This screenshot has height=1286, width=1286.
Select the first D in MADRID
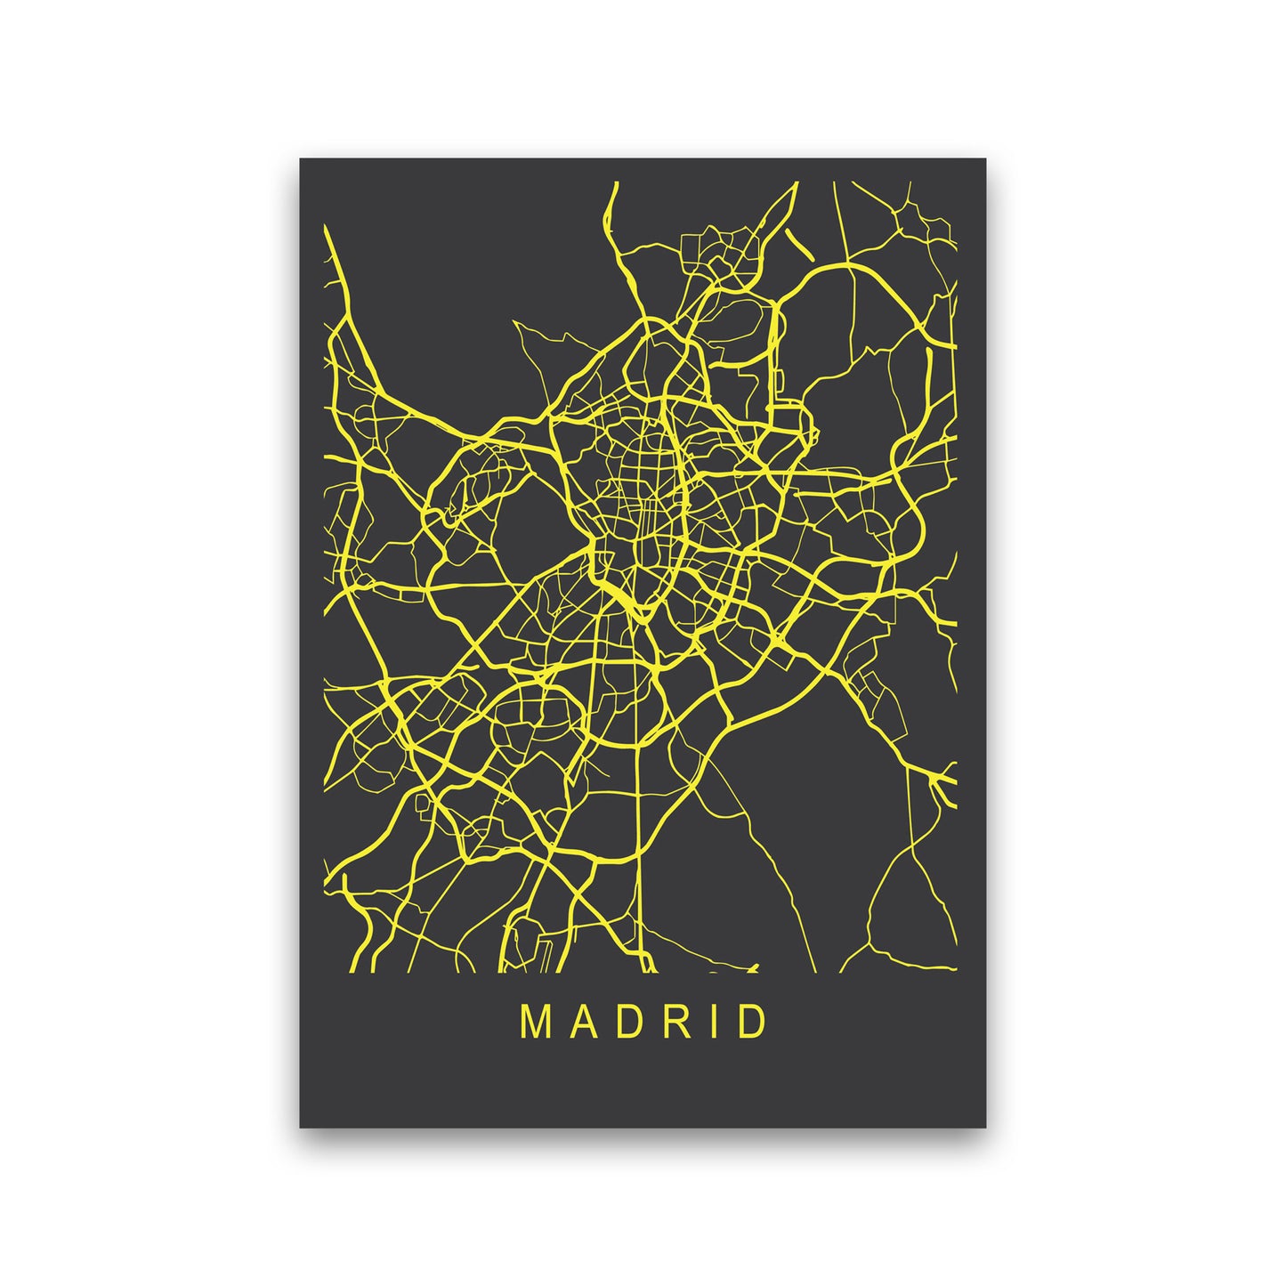(x=624, y=1023)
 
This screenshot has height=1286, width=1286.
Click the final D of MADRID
(x=749, y=1023)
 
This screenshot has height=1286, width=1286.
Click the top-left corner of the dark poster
(x=301, y=159)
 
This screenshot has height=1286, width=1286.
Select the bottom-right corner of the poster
(x=985, y=1127)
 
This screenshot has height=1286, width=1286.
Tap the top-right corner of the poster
(x=985, y=159)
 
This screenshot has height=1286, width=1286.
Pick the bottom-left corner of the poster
(x=301, y=1127)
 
